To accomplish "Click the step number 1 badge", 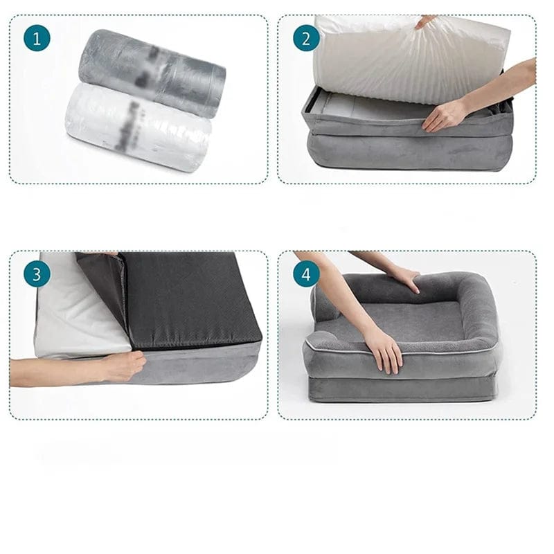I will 37,39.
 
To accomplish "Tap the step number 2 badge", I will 306,39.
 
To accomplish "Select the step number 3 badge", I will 37,274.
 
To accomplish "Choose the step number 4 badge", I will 306,274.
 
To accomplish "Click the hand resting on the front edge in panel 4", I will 384,350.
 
